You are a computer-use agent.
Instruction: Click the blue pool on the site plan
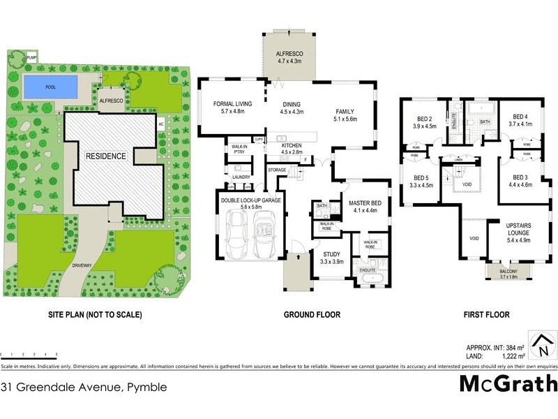[50, 88]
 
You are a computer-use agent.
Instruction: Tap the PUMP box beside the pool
[31, 59]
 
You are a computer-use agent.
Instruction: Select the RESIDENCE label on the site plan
[106, 156]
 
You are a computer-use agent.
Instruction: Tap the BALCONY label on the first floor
[513, 272]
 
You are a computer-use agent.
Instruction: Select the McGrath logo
[507, 383]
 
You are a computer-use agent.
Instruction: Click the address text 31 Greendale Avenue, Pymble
[84, 386]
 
